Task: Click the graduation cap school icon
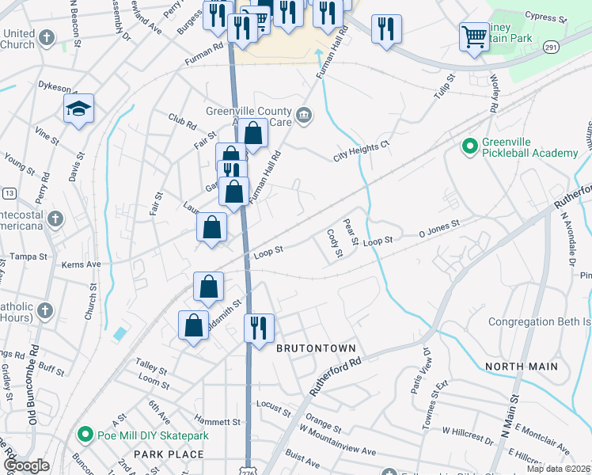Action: (79, 108)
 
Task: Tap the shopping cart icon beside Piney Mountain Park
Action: (474, 36)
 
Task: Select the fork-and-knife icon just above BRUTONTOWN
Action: (259, 326)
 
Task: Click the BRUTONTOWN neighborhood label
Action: (316, 348)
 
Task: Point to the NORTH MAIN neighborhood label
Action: (521, 367)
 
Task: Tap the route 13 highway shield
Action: (9, 193)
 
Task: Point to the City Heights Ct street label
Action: (362, 151)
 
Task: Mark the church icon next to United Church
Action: (47, 37)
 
